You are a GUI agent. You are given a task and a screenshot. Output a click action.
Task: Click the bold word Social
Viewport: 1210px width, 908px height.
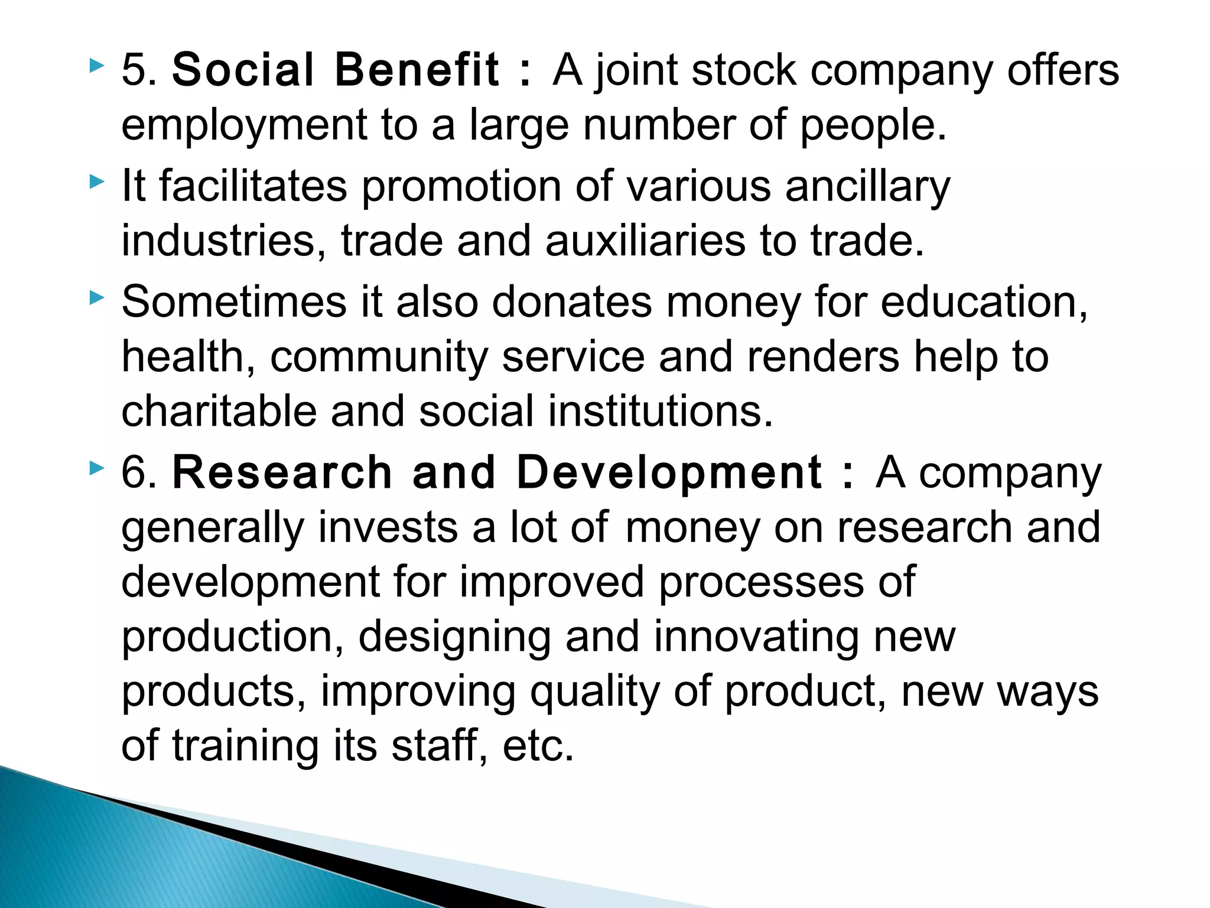tap(243, 70)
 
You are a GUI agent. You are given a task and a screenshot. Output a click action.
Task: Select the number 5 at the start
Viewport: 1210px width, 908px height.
tap(135, 70)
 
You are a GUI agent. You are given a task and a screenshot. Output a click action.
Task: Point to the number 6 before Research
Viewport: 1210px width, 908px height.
tap(135, 472)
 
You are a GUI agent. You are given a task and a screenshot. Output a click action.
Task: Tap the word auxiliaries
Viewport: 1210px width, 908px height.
tap(645, 241)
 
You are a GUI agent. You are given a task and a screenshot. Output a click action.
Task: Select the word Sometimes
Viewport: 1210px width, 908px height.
tap(234, 301)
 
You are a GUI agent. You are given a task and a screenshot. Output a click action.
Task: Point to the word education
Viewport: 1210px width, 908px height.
tap(984, 301)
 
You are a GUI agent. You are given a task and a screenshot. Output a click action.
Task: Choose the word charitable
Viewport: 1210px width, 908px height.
tap(219, 411)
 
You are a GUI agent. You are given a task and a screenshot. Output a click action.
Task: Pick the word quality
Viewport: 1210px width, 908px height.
tap(594, 692)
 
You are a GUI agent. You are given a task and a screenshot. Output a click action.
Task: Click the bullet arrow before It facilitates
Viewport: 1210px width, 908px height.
tap(96, 182)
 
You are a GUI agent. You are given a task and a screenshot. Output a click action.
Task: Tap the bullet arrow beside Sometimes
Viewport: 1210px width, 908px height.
tap(96, 297)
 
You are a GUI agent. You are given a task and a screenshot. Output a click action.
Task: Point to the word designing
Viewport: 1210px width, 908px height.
tap(454, 637)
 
